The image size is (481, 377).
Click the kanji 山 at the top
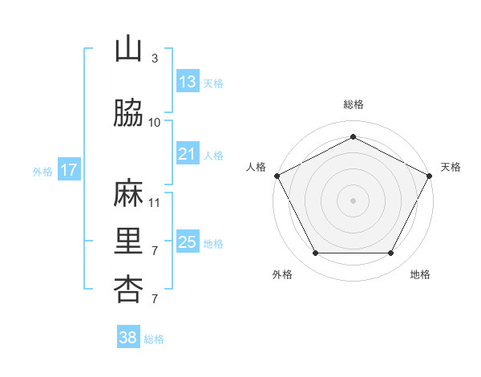point(128,51)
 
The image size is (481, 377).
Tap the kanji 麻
point(128,195)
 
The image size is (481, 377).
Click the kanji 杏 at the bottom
point(128,289)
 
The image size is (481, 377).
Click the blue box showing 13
point(188,82)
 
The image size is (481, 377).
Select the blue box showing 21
point(188,154)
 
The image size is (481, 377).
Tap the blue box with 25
point(188,242)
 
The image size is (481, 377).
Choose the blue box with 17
point(69,170)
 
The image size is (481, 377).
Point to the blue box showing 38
point(128,338)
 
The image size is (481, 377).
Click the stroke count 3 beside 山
point(154,58)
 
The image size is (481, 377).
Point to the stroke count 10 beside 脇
point(154,122)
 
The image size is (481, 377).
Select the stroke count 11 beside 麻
point(154,202)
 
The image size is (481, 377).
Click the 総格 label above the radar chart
point(353,104)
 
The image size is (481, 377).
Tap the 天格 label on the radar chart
point(451,167)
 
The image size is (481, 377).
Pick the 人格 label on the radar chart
point(256,167)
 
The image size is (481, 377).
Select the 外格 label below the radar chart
point(282,274)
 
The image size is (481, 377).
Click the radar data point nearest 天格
point(430,175)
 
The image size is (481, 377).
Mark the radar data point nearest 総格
point(353,137)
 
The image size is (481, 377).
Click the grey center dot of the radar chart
point(353,200)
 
